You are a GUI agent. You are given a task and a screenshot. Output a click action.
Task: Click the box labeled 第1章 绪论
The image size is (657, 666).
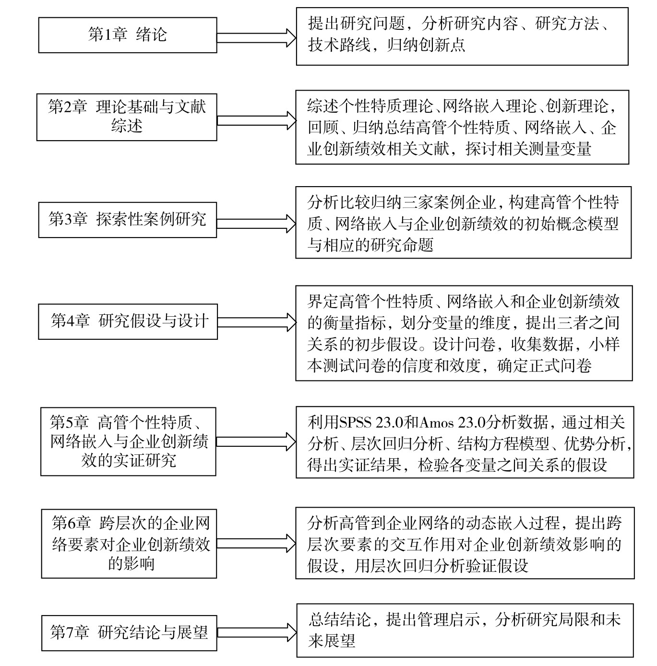click(x=127, y=35)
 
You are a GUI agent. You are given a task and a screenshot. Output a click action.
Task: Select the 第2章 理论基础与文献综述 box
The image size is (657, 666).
click(x=127, y=117)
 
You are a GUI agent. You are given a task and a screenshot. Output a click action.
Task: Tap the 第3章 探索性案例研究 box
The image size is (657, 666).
click(x=127, y=220)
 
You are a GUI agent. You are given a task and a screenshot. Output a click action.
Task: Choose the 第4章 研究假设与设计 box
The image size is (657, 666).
click(x=128, y=321)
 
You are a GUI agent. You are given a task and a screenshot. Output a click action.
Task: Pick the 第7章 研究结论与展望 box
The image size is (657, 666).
click(x=129, y=633)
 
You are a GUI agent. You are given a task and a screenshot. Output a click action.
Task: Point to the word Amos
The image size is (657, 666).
click(x=436, y=423)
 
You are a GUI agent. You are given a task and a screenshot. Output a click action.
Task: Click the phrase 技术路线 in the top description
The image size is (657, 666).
click(x=339, y=45)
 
